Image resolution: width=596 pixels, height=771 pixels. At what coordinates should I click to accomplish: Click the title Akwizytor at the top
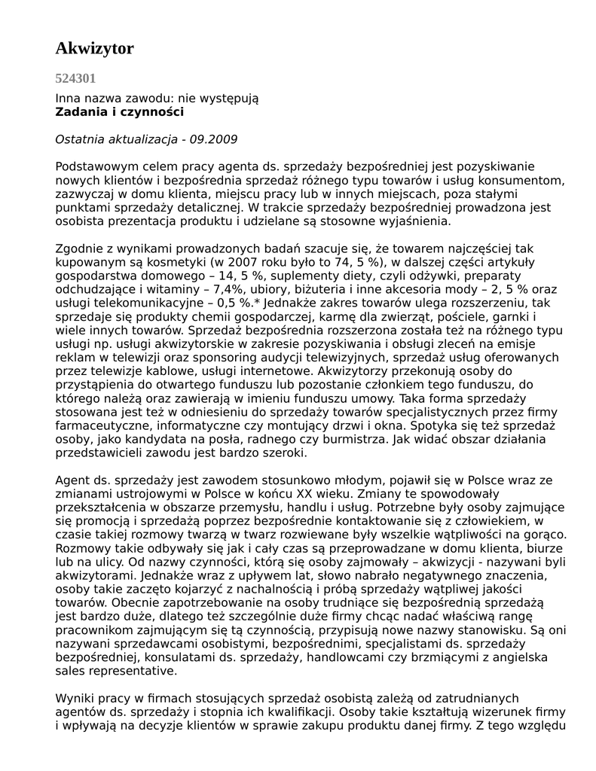(x=94, y=49)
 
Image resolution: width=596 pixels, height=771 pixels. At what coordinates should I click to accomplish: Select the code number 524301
(x=75, y=78)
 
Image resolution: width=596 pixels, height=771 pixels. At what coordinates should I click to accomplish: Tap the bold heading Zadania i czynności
(x=119, y=111)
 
